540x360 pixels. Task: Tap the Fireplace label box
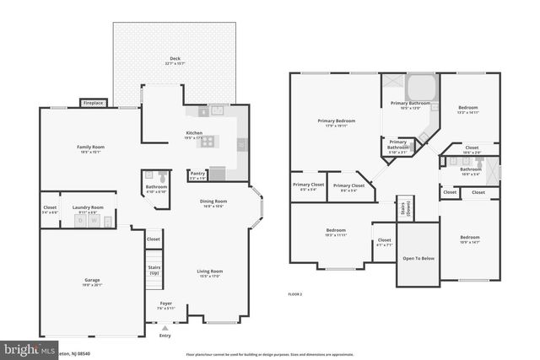tap(93, 103)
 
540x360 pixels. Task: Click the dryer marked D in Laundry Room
tap(81, 220)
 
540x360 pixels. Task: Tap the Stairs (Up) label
tap(154, 271)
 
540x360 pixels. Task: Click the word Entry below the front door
tap(165, 336)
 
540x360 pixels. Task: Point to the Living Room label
tap(209, 272)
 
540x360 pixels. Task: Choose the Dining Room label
tap(213, 202)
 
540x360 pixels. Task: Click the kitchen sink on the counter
tap(217, 110)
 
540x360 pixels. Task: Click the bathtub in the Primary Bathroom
tap(418, 88)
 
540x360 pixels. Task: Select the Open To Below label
tap(418, 258)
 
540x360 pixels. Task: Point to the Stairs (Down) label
tap(405, 207)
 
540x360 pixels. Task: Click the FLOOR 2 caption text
tap(294, 293)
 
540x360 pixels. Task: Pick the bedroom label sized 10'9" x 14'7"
tap(469, 239)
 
